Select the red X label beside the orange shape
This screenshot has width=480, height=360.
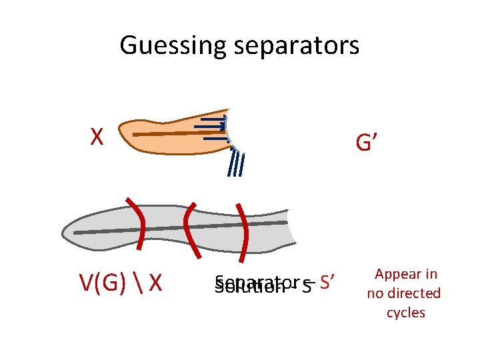click(97, 137)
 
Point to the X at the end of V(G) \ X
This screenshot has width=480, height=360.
click(155, 283)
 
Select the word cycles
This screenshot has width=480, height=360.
click(405, 313)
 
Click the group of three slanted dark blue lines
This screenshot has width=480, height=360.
click(235, 164)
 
